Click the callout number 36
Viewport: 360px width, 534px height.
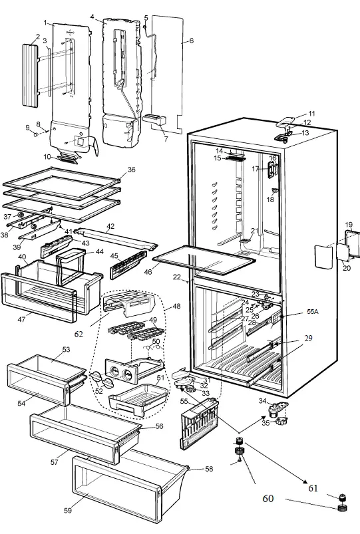pos(131,170)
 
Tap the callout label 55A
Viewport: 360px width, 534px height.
pos(312,311)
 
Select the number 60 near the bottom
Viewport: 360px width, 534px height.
pos(268,498)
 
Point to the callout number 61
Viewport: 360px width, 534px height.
pos(313,489)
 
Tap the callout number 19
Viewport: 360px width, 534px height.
pos(349,225)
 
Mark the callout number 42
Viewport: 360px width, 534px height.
pos(110,227)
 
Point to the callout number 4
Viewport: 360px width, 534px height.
pos(92,17)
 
